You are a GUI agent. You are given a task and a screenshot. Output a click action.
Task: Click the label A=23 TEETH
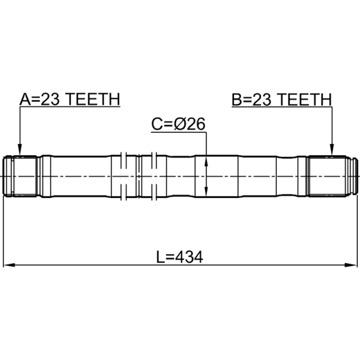[x=70, y=99]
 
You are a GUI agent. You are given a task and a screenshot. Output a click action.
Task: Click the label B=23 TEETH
[x=282, y=99]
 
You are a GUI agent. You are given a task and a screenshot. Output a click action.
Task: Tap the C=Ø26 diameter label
[x=178, y=124]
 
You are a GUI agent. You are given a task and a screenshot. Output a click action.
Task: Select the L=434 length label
[x=180, y=257]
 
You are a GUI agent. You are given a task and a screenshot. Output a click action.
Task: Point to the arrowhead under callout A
[x=20, y=150]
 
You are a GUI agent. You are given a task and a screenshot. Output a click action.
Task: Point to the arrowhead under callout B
[x=332, y=150]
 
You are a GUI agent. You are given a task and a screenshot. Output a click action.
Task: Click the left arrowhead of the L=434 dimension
[x=9, y=265]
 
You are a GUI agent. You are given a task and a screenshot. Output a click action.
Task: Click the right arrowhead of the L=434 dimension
[x=351, y=265]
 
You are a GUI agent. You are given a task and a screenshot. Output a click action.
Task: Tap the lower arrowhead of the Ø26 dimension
[x=206, y=192]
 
